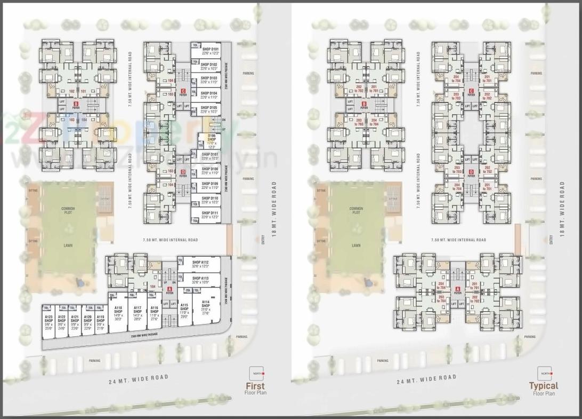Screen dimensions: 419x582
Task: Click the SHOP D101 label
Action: [x=210, y=49]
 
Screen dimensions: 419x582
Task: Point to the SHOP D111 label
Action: [x=210, y=213]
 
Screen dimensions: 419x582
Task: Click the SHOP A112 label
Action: [x=200, y=263]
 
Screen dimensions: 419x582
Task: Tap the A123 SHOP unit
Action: [x=48, y=319]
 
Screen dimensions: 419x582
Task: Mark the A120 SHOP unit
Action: [x=87, y=319]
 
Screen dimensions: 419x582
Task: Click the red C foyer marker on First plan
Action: [x=183, y=91]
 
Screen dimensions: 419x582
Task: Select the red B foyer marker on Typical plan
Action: [x=364, y=104]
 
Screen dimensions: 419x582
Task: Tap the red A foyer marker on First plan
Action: [x=169, y=289]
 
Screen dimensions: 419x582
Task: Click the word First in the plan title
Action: [x=255, y=386]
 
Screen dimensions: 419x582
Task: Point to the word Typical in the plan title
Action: [x=543, y=386]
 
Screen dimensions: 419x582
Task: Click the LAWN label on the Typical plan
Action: [x=356, y=246]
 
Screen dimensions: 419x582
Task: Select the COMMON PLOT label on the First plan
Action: [x=68, y=210]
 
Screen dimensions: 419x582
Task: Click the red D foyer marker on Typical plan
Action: [x=471, y=172]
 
